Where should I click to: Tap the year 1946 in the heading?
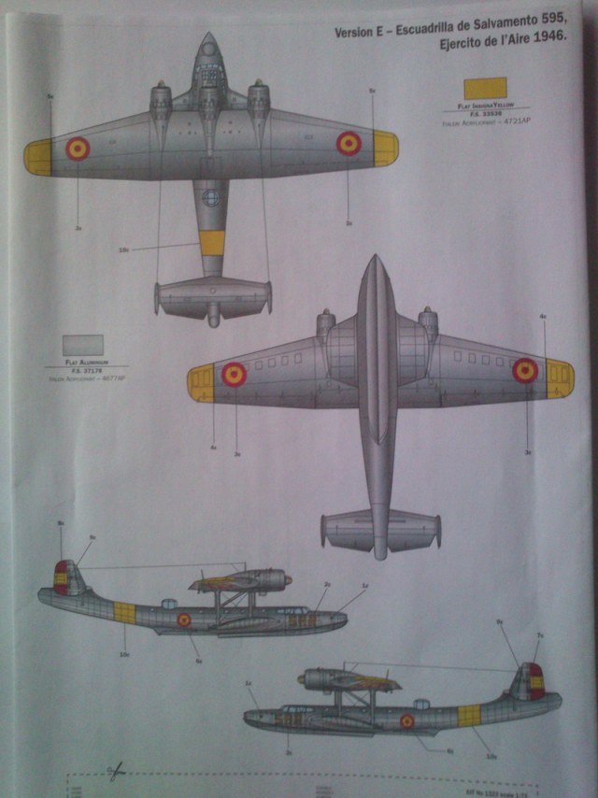(x=542, y=53)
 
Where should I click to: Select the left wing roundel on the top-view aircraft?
(x=78, y=148)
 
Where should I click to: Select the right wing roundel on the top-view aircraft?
(x=349, y=143)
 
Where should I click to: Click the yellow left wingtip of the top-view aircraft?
(x=38, y=157)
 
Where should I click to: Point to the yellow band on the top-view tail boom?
(x=212, y=243)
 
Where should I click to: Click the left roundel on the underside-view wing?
(x=234, y=376)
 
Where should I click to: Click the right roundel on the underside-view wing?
(x=525, y=371)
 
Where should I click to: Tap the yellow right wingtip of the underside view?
(x=559, y=378)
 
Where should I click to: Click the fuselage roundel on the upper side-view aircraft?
(x=184, y=619)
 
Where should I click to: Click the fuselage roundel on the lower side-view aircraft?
(x=406, y=720)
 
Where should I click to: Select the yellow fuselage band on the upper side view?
(x=124, y=613)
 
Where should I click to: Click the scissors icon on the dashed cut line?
(x=116, y=771)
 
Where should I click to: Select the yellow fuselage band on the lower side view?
(x=469, y=715)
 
